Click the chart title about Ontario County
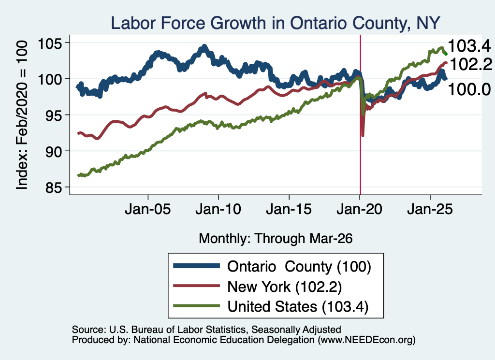tap(275, 23)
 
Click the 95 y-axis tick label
tap(53, 115)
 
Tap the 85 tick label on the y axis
tap(53, 187)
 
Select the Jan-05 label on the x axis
tap(148, 209)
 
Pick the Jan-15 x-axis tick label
tap(289, 209)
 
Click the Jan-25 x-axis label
tap(430, 209)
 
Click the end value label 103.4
tap(469, 46)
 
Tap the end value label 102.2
tap(470, 64)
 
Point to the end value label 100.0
tap(469, 89)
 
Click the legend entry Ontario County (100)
tap(299, 266)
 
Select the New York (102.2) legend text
tap(284, 287)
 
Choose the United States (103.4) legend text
tap(298, 306)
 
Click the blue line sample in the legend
tap(196, 266)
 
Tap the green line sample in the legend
tap(196, 306)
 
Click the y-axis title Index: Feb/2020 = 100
tap(22, 115)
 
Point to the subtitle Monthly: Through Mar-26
tap(276, 238)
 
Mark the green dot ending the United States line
tap(446, 54)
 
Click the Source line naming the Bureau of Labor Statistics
tap(206, 330)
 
